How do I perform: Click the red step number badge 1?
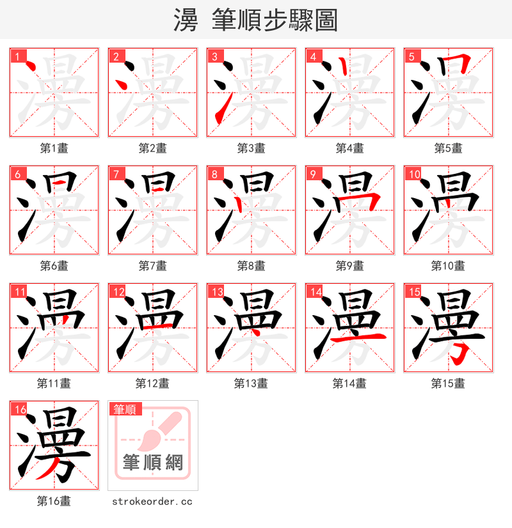[17, 56]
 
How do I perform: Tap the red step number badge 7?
[116, 174]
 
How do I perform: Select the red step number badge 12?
[118, 291]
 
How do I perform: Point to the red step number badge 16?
[20, 409]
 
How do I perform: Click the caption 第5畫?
[448, 148]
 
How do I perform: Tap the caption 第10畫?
[448, 266]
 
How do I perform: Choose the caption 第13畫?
[251, 384]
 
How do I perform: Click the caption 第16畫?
[54, 501]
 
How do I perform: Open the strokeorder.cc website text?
[152, 501]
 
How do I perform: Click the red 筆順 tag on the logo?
[125, 409]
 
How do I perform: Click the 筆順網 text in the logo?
[153, 462]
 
